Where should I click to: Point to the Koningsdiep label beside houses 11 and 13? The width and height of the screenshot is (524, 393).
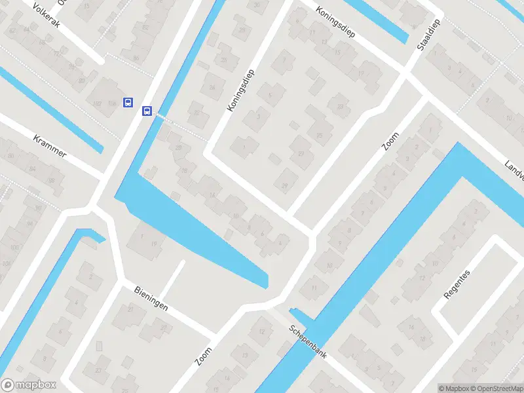tap(335, 22)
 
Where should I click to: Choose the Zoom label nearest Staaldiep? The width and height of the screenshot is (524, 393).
tap(391, 140)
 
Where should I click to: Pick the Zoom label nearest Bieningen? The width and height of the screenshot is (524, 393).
tap(204, 356)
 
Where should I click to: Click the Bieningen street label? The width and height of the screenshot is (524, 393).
tap(151, 298)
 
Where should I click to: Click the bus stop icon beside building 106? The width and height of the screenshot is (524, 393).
tap(128, 102)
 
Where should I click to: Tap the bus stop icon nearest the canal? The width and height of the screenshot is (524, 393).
tap(147, 111)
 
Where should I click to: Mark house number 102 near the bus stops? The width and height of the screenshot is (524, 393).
tap(97, 103)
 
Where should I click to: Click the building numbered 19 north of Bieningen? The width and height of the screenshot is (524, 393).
tap(153, 244)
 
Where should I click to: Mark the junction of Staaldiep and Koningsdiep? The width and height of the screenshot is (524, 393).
tap(407, 74)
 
